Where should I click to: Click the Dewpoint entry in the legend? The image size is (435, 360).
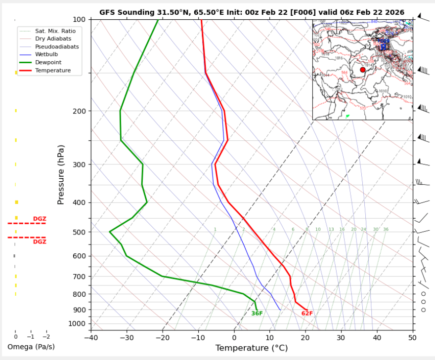pyautogui.click(x=46, y=63)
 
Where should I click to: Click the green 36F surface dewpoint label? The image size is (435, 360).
pyautogui.click(x=257, y=314)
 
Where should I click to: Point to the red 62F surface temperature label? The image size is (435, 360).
pyautogui.click(x=307, y=314)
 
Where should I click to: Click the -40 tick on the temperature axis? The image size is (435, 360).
pyautogui.click(x=91, y=338)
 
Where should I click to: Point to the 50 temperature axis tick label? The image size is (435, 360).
pyautogui.click(x=412, y=338)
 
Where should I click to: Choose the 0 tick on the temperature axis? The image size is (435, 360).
pyautogui.click(x=234, y=338)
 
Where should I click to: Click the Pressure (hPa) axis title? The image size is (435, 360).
pyautogui.click(x=61, y=175)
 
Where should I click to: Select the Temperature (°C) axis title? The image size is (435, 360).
pyautogui.click(x=251, y=349)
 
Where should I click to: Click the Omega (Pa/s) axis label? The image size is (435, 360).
pyautogui.click(x=31, y=347)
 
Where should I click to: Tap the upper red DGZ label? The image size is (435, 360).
pyautogui.click(x=40, y=219)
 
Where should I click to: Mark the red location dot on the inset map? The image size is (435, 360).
pyautogui.click(x=363, y=70)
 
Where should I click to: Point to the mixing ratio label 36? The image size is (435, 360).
pyautogui.click(x=386, y=230)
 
